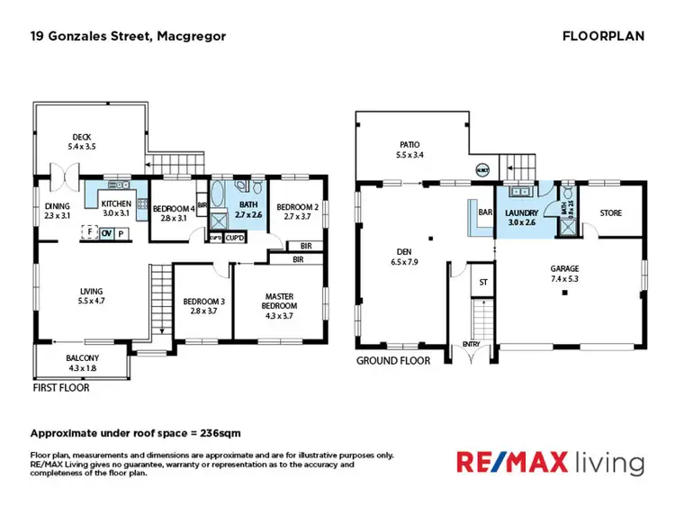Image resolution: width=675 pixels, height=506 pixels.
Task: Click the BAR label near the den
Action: point(486,212)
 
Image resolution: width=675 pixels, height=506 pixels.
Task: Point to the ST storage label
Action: point(483,282)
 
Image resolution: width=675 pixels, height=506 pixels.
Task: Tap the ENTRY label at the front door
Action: point(471,344)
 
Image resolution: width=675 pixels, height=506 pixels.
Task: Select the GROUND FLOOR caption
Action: point(393,360)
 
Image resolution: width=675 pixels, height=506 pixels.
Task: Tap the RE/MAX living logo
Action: point(551,464)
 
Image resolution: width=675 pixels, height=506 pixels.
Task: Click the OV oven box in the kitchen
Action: point(106,233)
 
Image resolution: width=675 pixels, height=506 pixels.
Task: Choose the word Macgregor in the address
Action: point(191,36)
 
